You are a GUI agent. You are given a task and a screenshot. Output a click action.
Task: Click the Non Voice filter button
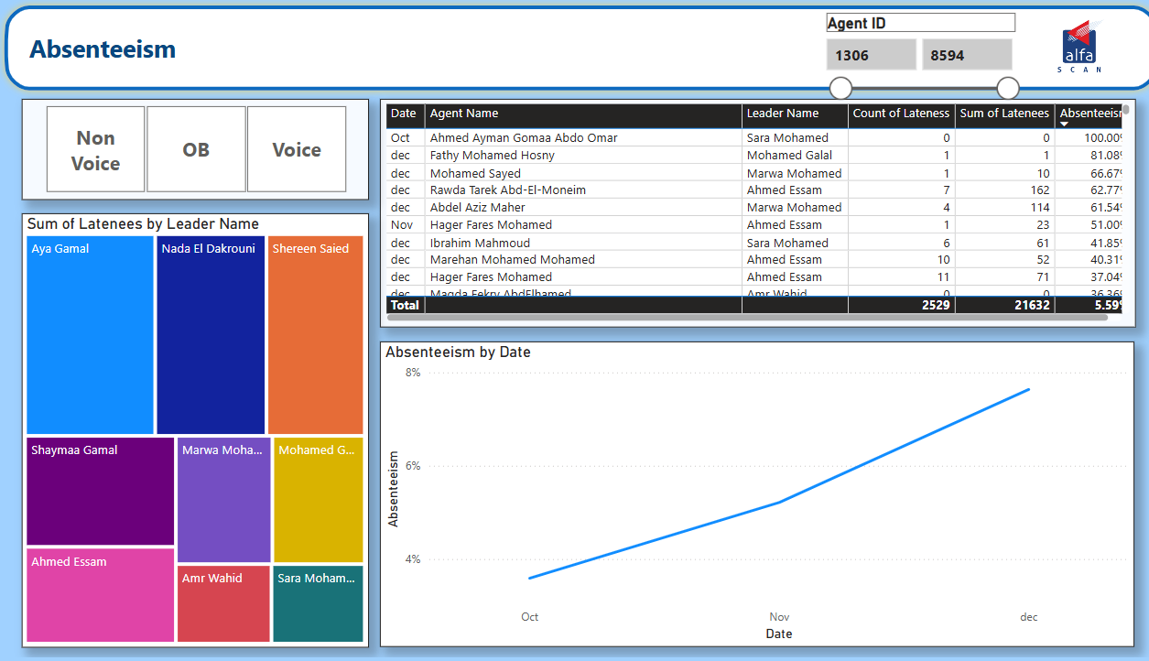96,149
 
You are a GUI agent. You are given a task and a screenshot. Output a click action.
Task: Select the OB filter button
196,149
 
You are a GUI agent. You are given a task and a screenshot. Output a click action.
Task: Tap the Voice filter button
297,149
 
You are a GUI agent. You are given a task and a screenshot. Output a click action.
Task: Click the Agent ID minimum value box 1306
871,55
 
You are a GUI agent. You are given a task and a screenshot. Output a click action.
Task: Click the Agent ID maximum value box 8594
966,55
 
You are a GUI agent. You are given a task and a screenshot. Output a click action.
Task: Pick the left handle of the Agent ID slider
840,88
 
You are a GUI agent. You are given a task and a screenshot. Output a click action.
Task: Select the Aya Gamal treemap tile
90,334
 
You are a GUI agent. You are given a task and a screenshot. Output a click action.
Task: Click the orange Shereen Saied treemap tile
315,334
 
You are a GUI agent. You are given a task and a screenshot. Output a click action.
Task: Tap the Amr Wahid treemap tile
223,603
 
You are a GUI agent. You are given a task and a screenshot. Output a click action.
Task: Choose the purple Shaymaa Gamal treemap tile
100,491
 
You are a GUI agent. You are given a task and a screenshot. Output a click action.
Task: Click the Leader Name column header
783,114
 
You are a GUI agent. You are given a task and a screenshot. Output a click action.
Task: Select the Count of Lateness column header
901,114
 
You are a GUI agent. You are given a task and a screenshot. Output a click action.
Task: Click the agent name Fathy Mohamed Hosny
492,156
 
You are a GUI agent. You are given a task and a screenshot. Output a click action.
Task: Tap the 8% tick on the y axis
413,373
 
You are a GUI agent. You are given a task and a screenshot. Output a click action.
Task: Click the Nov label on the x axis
779,617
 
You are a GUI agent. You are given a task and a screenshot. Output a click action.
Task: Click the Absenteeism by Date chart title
458,352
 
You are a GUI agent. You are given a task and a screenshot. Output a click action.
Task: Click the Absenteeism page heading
103,49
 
